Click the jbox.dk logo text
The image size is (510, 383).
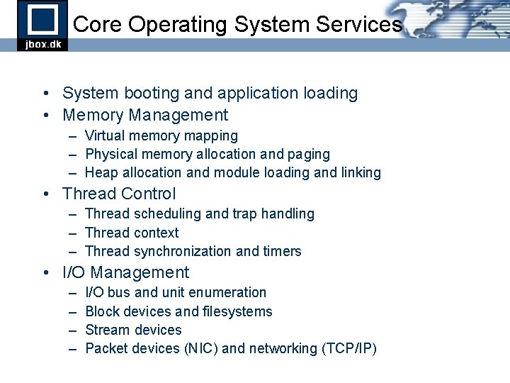coord(42,43)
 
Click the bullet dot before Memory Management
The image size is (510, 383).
coord(45,115)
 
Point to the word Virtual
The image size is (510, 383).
coord(103,135)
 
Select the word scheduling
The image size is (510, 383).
coord(163,213)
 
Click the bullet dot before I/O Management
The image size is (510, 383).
coord(45,272)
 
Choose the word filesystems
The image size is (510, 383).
coord(238,311)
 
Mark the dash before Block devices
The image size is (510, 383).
coord(73,311)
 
